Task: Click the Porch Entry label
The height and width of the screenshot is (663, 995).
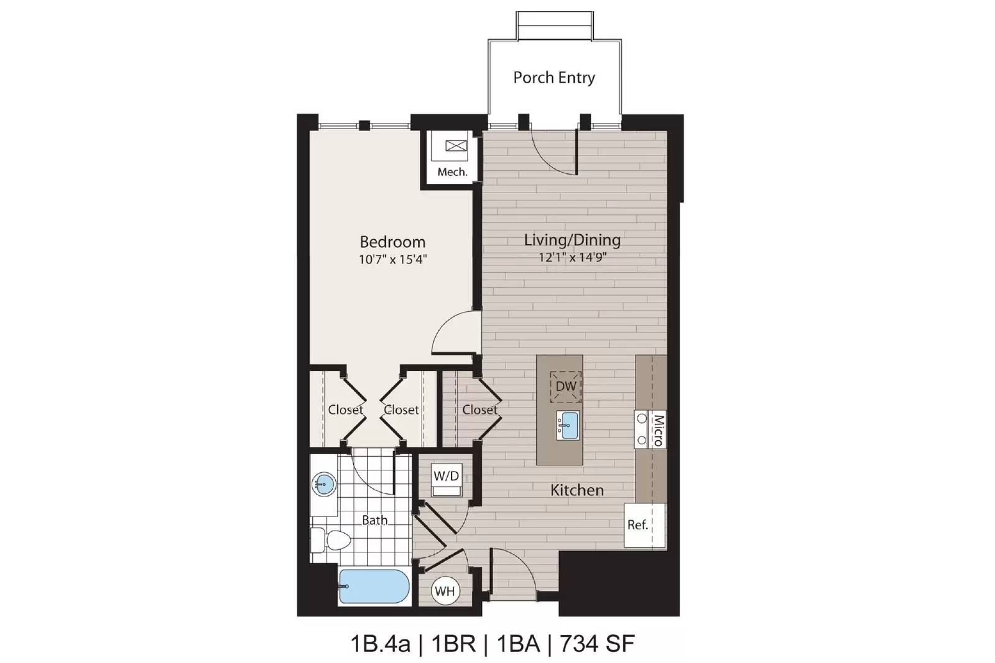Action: coord(554,78)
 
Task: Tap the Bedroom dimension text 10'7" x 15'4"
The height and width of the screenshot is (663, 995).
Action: coord(392,259)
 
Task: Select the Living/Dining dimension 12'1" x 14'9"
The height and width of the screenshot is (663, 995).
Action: coord(573,257)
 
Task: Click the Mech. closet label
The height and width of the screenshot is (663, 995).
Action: coord(452,171)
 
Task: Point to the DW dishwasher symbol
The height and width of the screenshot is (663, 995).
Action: coord(566,386)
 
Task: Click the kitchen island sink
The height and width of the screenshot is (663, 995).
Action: coord(568,426)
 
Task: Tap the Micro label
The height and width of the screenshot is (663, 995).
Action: coord(658,429)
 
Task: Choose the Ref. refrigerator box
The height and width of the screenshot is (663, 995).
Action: coord(645,525)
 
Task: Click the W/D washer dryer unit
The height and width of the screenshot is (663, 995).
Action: coord(447,480)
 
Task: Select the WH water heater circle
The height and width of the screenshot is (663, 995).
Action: coord(445,591)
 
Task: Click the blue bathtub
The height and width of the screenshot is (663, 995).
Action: coord(374,586)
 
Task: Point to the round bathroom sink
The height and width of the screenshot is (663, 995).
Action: coord(324,484)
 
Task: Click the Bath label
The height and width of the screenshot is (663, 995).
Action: coord(374,519)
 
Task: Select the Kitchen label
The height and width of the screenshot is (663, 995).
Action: coord(577,490)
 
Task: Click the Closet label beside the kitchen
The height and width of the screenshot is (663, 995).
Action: coord(479,409)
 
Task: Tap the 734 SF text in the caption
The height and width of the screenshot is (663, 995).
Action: coord(597,643)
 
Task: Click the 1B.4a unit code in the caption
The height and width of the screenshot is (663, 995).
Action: coord(380,644)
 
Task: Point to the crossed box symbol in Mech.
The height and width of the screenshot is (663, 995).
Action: coord(456,145)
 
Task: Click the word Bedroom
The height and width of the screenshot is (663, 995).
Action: coord(392,242)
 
